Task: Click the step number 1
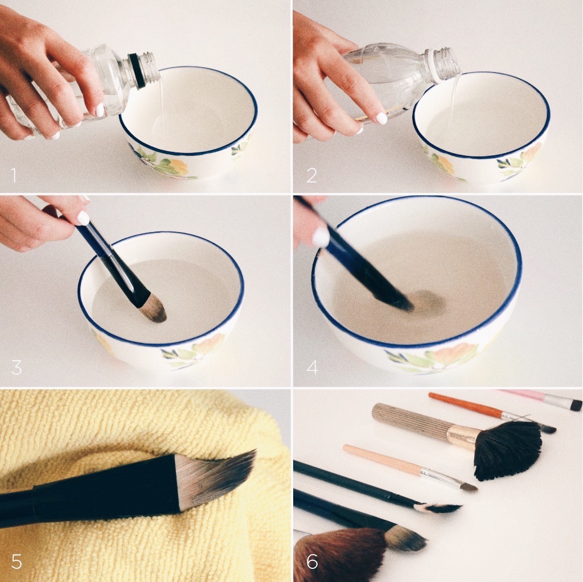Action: [14, 175]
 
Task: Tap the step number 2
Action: [311, 175]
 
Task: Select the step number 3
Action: [17, 367]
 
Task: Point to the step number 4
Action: [313, 367]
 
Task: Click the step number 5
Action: [17, 561]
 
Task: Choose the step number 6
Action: [313, 561]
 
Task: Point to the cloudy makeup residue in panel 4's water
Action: [428, 301]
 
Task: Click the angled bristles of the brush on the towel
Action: [216, 477]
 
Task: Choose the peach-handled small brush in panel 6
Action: [409, 467]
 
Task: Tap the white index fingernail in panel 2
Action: [381, 118]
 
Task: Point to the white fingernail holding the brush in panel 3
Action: [83, 218]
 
